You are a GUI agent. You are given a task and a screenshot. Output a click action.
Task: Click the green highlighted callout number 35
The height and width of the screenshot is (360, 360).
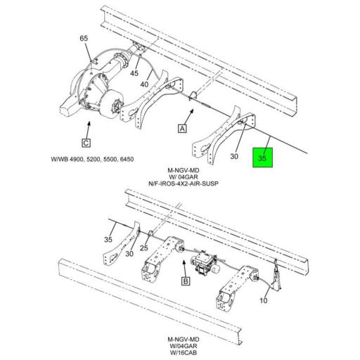pyautogui.click(x=262, y=160)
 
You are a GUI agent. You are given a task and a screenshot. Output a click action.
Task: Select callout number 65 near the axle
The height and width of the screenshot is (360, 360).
pyautogui.click(x=84, y=38)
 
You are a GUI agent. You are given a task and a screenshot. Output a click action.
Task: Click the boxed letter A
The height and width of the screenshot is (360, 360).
pyautogui.click(x=181, y=129)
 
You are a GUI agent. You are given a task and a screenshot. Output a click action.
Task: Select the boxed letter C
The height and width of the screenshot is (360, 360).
pyautogui.click(x=86, y=145)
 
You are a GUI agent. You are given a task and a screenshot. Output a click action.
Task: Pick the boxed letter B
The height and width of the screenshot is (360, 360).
pyautogui.click(x=186, y=281)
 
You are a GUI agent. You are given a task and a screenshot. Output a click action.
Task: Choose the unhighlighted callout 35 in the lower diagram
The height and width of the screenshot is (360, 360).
pyautogui.click(x=109, y=240)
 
